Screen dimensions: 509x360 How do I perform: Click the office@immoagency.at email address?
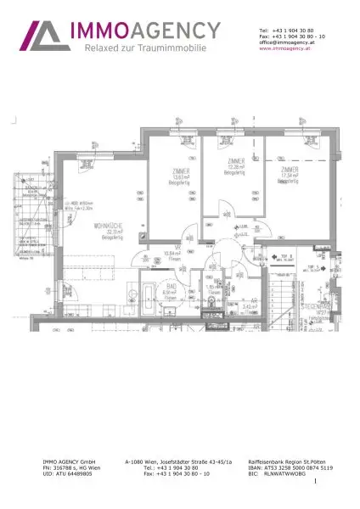[x=291, y=42]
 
